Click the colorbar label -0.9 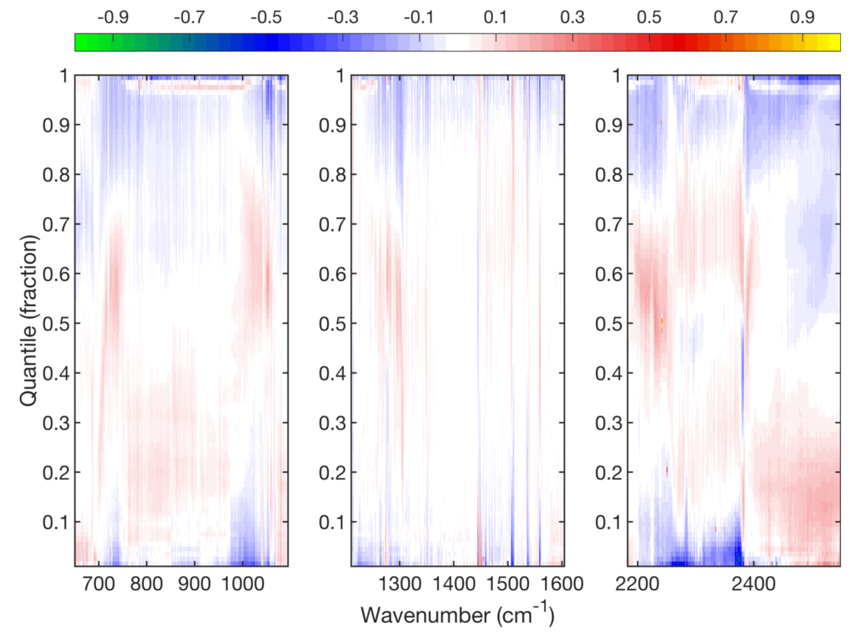coord(113,17)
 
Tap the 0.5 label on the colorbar coord(649,17)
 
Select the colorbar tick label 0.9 coord(802,17)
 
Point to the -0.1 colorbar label coord(419,17)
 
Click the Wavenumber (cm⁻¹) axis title coord(457,615)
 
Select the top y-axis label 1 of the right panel coord(617,76)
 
